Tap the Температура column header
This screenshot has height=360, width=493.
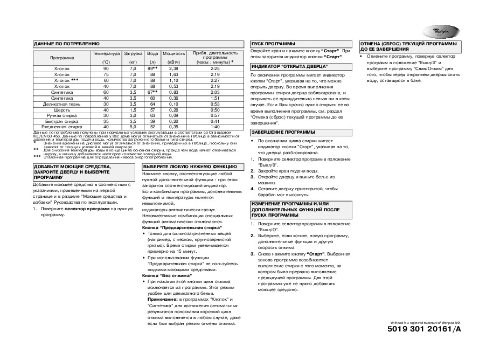pyautogui.click(x=106, y=53)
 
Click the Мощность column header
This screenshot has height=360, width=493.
pyautogui.click(x=173, y=53)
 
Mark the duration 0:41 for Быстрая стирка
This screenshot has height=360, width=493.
pyautogui.click(x=214, y=121)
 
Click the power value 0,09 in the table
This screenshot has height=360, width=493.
pyautogui.click(x=173, y=116)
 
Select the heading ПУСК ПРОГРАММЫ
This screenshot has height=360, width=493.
pyautogui.click(x=273, y=43)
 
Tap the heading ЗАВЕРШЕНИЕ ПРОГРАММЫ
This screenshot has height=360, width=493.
pyautogui.click(x=284, y=132)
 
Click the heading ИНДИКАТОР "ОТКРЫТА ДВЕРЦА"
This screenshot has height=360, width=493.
pyautogui.click(x=289, y=66)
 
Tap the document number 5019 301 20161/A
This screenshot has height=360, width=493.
pyautogui.click(x=425, y=329)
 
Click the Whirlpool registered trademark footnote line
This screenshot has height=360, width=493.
pyautogui.click(x=426, y=321)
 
